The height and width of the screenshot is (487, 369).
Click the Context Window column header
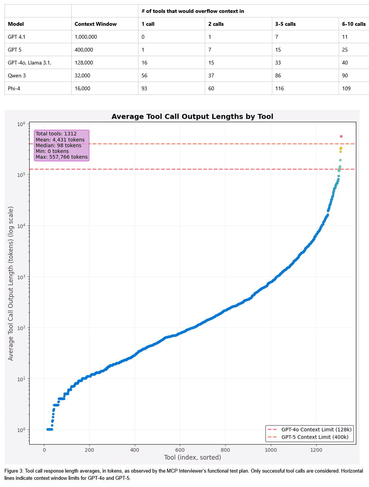96,24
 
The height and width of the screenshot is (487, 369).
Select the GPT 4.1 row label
17,37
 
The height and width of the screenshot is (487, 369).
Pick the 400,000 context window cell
84,50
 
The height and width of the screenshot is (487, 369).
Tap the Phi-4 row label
14,88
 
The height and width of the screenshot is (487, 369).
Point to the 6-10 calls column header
353,24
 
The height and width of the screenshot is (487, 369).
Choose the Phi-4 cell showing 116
279,88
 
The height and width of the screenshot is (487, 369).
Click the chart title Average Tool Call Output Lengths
192,116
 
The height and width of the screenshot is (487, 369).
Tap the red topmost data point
341,137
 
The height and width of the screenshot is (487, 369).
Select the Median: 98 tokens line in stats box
58,145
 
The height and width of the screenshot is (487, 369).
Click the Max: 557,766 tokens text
61,157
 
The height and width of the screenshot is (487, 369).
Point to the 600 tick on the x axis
180,450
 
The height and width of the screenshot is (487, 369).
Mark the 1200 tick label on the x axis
316,450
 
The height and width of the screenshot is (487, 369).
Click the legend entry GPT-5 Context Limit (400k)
315,437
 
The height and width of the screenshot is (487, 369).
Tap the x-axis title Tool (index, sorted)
192,457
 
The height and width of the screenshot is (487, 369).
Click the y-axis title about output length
11,283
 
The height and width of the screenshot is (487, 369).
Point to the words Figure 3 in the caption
14,471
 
